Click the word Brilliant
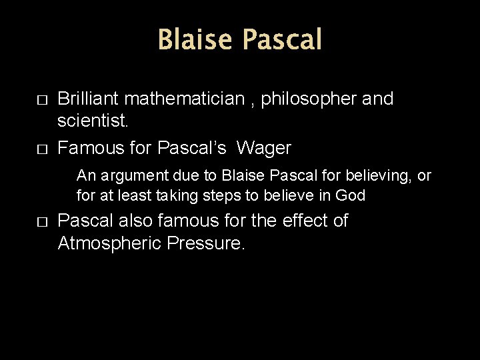click(x=89, y=99)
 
